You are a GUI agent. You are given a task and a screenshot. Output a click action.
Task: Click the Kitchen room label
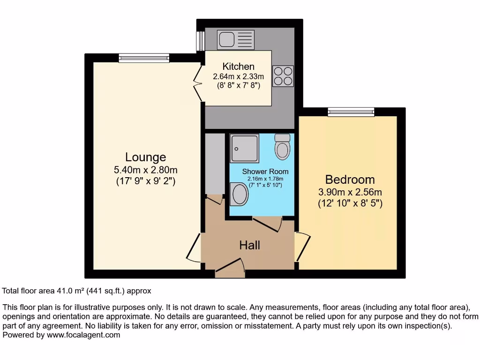point(238,67)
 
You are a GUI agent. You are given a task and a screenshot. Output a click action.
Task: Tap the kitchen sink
point(235,40)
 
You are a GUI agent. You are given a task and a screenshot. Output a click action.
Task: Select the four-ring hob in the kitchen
point(283,76)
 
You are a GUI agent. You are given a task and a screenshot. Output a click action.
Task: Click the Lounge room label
point(145,157)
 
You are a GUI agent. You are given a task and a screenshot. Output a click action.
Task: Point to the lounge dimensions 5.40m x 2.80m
point(145,169)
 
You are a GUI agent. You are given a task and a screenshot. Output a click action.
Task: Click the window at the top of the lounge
point(141,58)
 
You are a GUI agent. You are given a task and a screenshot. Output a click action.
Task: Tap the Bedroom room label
point(350,180)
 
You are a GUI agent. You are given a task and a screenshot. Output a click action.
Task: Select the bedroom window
point(351,112)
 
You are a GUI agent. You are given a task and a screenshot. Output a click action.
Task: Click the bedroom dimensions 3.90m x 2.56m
point(350,192)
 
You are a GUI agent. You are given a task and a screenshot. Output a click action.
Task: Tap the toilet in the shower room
point(282,146)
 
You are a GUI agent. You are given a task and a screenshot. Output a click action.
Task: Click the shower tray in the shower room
point(244,149)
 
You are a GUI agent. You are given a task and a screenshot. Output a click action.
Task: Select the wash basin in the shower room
point(240,194)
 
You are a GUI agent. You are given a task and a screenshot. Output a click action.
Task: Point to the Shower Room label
point(265,172)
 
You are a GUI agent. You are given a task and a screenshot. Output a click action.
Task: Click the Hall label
point(249,245)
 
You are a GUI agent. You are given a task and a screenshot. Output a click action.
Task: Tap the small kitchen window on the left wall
point(200,40)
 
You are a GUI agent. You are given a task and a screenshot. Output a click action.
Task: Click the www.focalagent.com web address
point(83,335)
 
